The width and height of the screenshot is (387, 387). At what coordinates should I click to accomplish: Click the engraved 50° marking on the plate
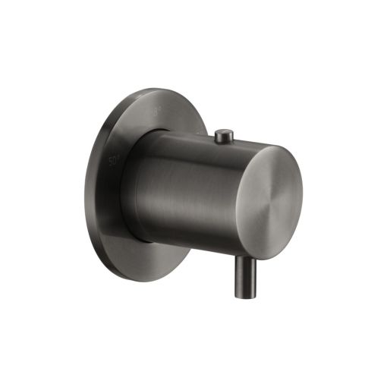point(115,161)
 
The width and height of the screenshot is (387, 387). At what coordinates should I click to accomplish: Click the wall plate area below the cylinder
point(152,254)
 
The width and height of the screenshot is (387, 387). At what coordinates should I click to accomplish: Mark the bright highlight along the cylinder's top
point(190,143)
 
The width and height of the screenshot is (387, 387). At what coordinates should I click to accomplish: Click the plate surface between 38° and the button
point(186,118)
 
